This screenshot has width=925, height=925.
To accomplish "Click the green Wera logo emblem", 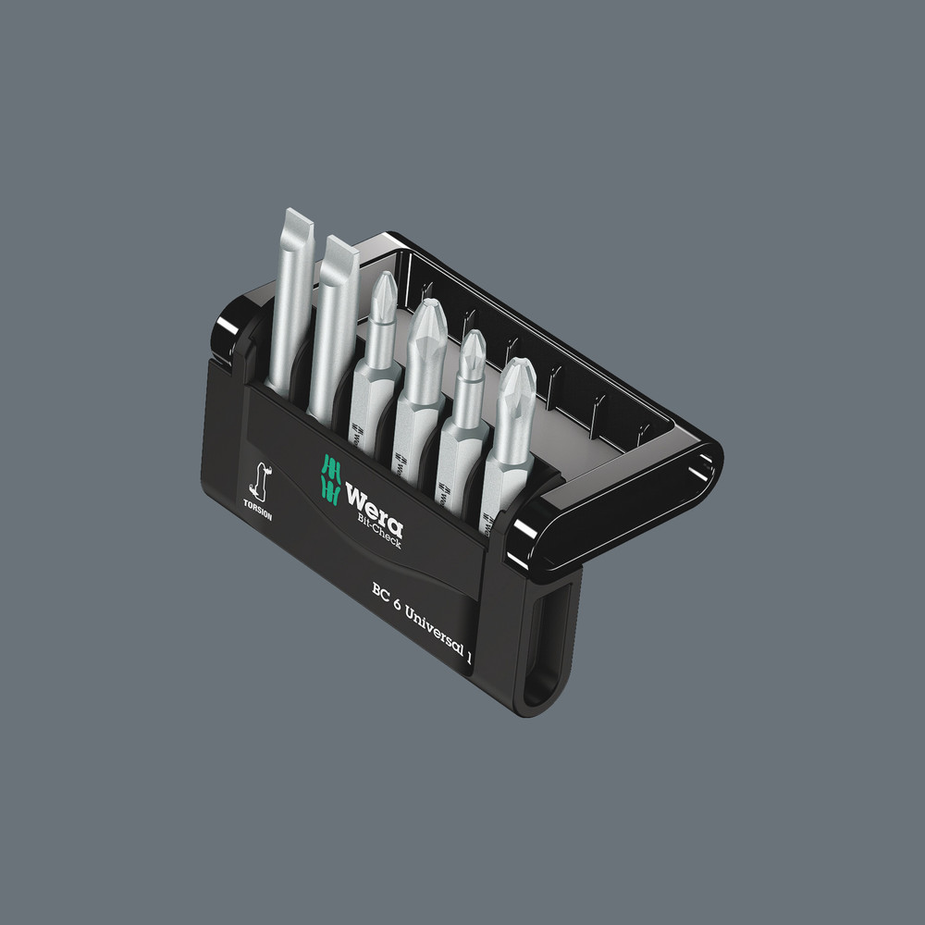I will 328,476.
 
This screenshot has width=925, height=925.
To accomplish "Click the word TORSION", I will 259,510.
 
